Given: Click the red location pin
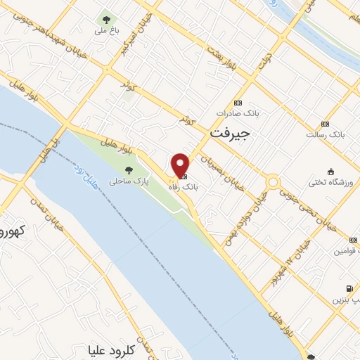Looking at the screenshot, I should (x=180, y=165).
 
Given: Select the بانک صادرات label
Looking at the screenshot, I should (x=235, y=112).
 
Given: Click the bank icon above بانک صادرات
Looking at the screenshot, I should (x=238, y=102).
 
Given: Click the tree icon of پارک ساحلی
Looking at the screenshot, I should (x=129, y=169).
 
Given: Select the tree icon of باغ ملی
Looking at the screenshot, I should (x=106, y=20).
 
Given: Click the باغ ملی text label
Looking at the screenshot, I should (x=106, y=31).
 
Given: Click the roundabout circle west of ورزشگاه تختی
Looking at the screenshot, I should (x=273, y=182).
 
